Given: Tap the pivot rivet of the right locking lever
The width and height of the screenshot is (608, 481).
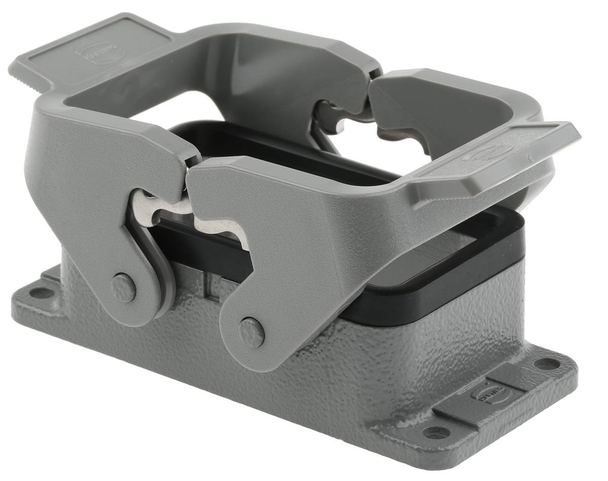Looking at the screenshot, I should (251, 332).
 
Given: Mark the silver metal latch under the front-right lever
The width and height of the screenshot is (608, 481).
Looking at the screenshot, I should (223, 228).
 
